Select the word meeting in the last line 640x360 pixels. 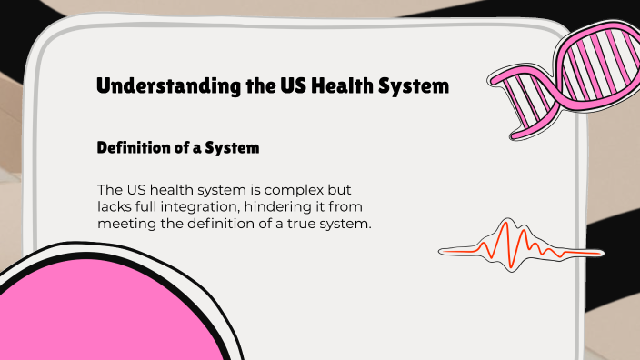coord(125,225)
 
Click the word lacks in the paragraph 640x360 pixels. coord(115,207)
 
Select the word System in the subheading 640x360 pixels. coord(233,146)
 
